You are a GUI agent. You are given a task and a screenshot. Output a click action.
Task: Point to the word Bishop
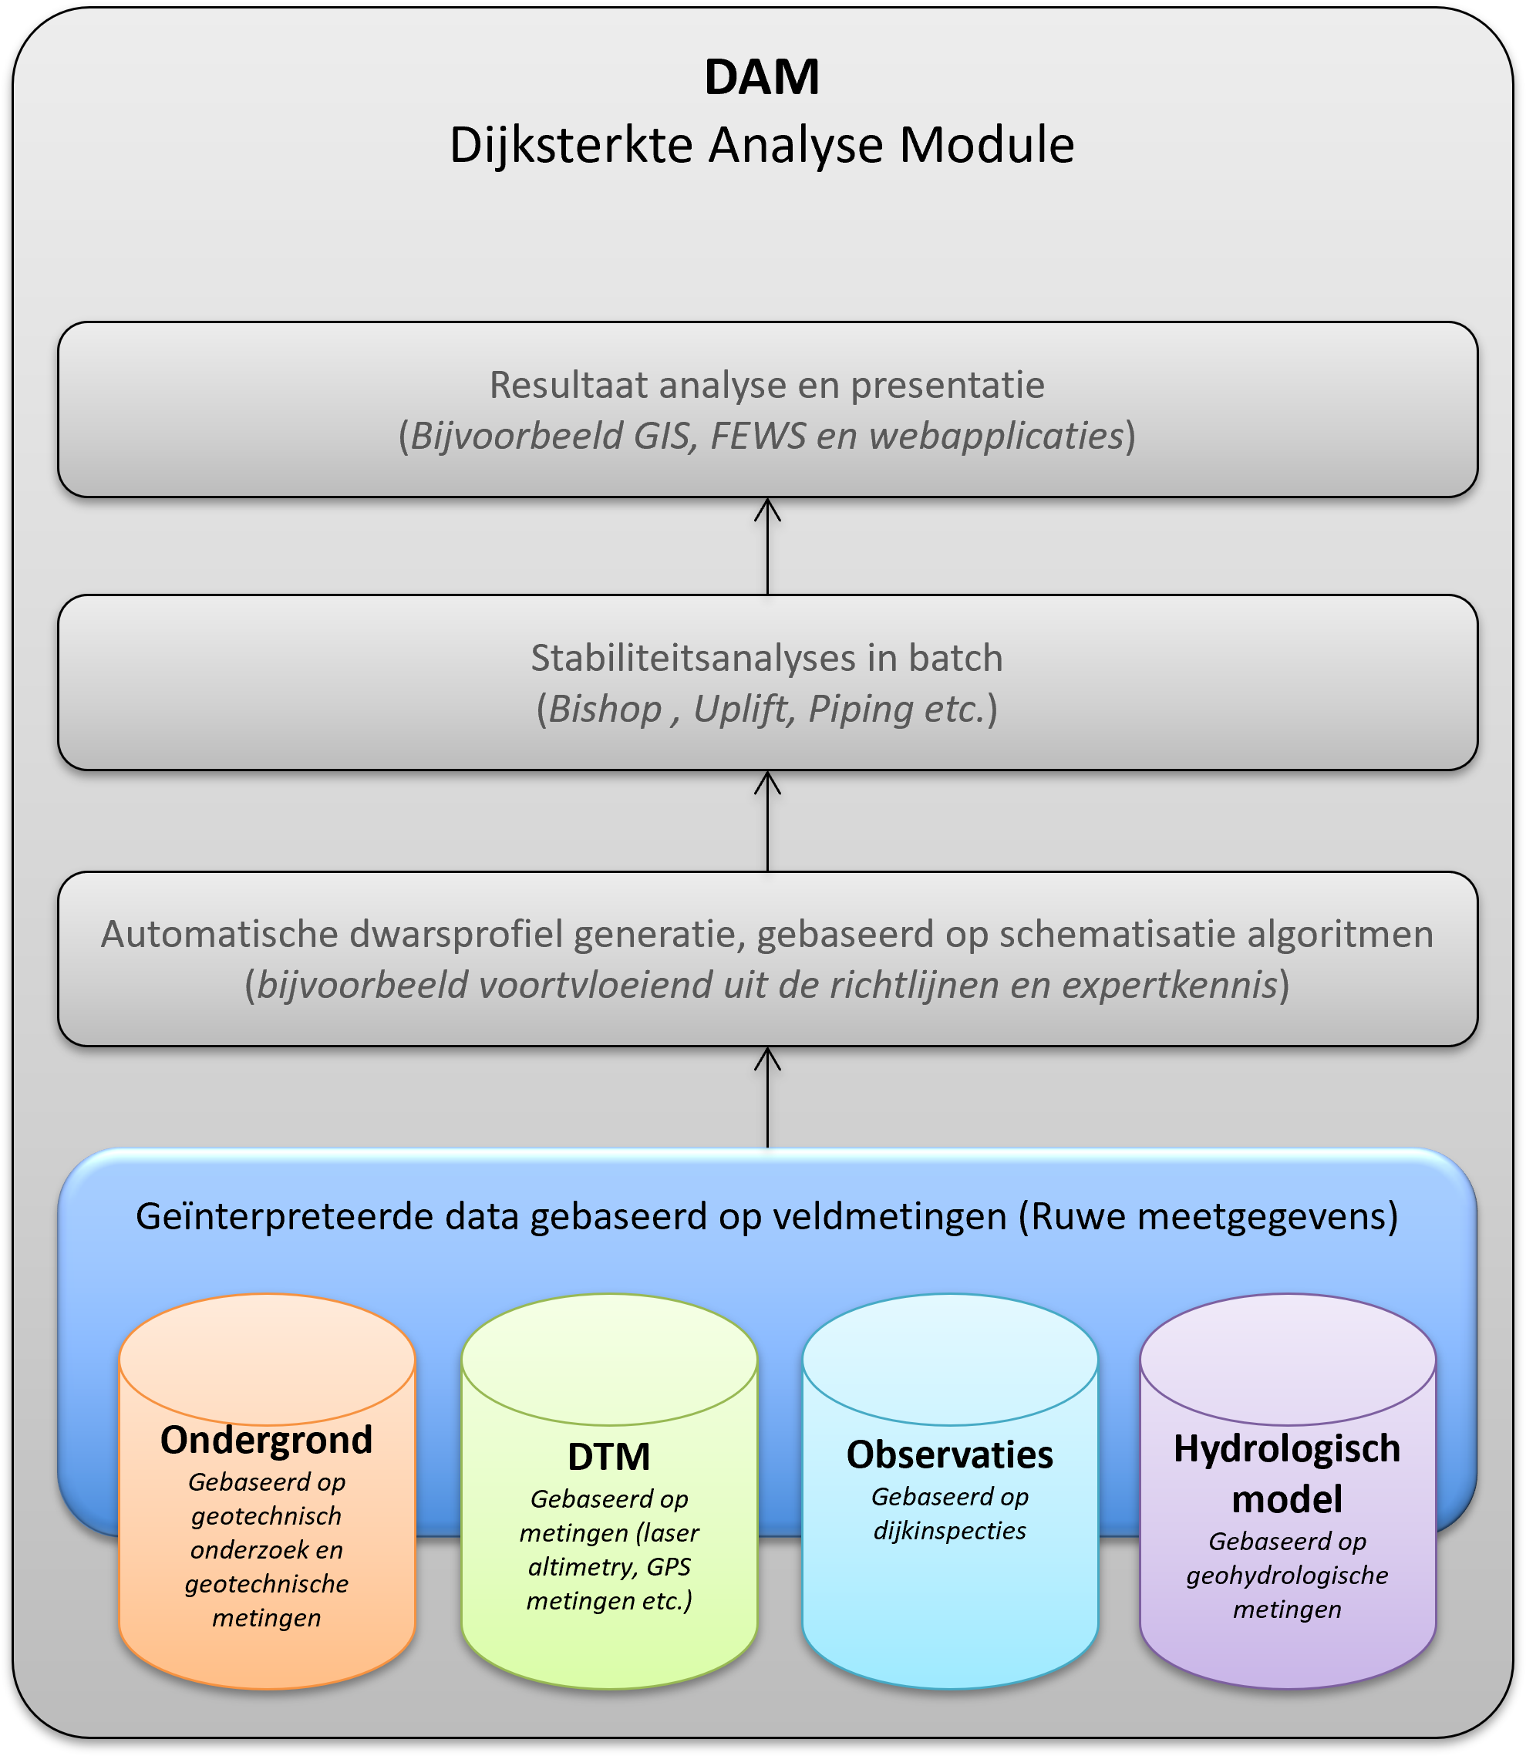pyautogui.click(x=605, y=709)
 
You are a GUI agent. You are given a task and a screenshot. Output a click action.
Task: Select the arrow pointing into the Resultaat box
pyautogui.click(x=767, y=545)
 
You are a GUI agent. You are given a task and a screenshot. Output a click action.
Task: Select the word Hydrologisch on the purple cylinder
pyautogui.click(x=1287, y=1448)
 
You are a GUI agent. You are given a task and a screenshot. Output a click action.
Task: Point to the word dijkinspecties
pyautogui.click(x=949, y=1530)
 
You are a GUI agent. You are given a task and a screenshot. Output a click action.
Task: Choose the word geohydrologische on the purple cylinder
pyautogui.click(x=1287, y=1576)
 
